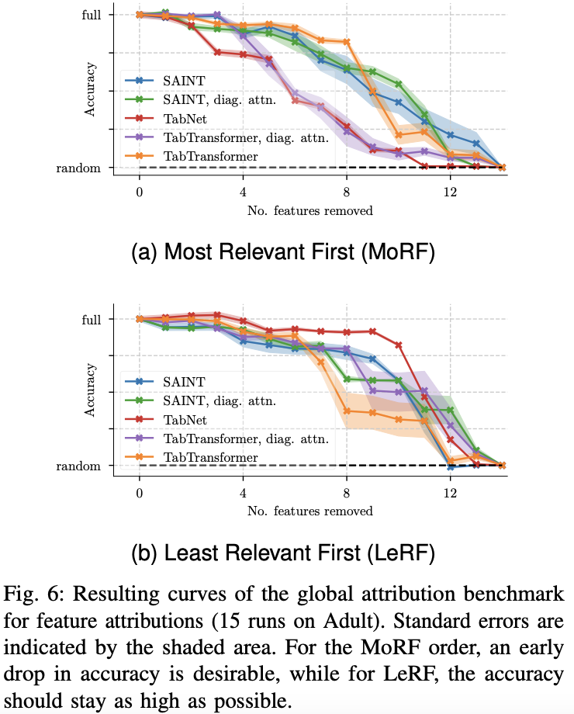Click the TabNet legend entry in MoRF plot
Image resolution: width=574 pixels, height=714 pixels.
185,118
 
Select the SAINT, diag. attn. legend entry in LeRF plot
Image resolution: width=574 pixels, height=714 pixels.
219,400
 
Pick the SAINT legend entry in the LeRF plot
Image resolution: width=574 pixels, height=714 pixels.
185,381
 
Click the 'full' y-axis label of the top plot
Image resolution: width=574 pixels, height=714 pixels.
92,15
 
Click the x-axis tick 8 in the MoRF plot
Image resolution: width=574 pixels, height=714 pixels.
346,191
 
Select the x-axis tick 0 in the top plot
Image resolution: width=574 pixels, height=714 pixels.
140,191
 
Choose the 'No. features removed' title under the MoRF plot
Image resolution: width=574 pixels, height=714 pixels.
310,210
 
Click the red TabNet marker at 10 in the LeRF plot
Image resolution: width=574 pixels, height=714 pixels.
399,345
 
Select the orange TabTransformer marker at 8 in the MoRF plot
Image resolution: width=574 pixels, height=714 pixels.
346,42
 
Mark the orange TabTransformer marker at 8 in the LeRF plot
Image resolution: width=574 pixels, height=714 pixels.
347,411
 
